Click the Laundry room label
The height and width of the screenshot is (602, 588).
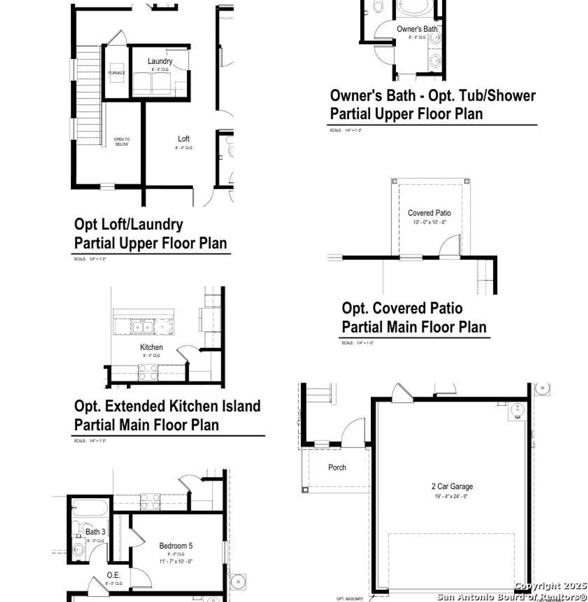coord(160,61)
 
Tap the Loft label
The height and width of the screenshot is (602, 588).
coord(184,139)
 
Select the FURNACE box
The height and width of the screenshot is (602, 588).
coord(116,73)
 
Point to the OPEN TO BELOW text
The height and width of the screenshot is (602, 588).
coord(122,142)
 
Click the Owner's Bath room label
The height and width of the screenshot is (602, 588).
coord(417,29)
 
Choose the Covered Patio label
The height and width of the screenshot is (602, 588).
coord(429,213)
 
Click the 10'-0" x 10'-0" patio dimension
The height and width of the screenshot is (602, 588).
coord(429,222)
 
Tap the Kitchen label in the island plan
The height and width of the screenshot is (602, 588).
coord(151,347)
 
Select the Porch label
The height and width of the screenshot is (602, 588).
coord(337,467)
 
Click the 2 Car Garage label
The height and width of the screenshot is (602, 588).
coord(452,486)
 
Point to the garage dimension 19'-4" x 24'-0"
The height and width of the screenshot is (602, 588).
coord(451,496)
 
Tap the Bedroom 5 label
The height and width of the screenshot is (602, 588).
coord(175,546)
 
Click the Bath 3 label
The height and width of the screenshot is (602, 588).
coord(95,532)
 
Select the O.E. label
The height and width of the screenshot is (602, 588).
coord(113,575)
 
